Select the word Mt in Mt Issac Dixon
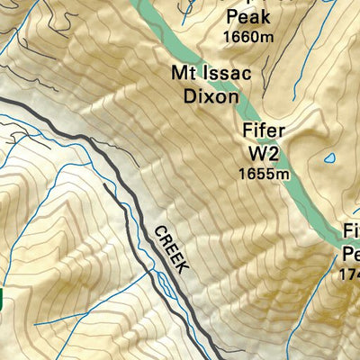pyautogui.click(x=183, y=73)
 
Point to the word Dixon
pyautogui.click(x=207, y=94)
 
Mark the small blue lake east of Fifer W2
pyautogui.click(x=330, y=158)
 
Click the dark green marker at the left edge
pyautogui.click(x=2, y=301)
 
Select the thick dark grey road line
pyautogui.click(x=108, y=162)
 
